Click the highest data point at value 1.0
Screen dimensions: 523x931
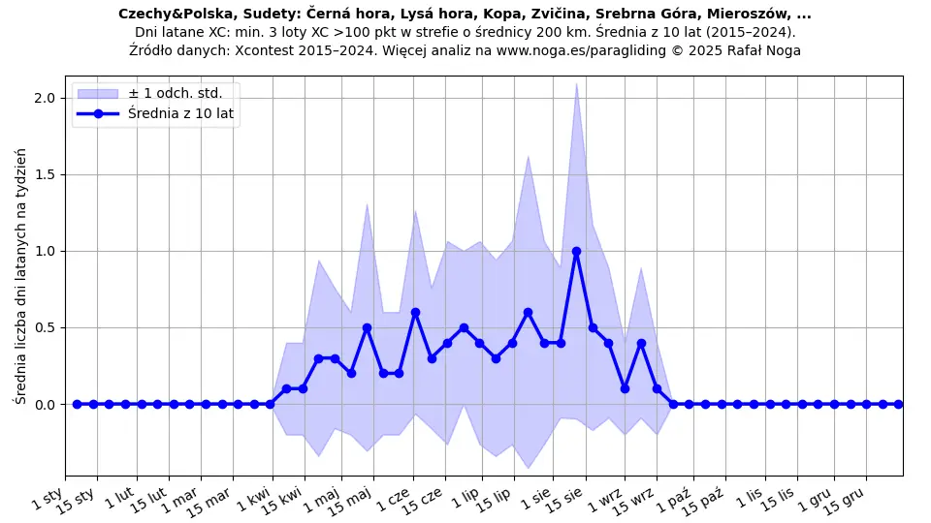pyautogui.click(x=576, y=251)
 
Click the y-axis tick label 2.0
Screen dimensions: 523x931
pyautogui.click(x=46, y=98)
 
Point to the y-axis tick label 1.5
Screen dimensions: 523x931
pyautogui.click(x=46, y=174)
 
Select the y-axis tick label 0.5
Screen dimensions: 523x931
pyautogui.click(x=46, y=327)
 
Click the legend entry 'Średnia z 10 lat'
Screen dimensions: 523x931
pyautogui.click(x=181, y=114)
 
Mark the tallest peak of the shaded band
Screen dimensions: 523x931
pyautogui.click(x=576, y=83)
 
